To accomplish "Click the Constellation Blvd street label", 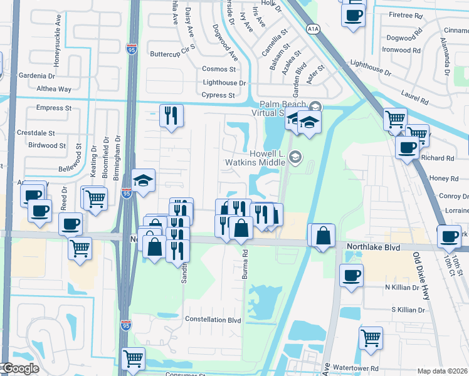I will click(213, 319).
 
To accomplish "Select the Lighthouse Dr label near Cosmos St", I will click(224, 83).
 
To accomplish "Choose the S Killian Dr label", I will click(413, 310).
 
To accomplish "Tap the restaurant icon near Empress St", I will click(171, 115).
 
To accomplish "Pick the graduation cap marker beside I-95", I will click(144, 180).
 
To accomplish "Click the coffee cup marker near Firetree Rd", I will click(354, 14).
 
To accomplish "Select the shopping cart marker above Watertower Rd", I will click(371, 337).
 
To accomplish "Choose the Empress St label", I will click(50, 108).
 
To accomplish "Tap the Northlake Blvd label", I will click(373, 248).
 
